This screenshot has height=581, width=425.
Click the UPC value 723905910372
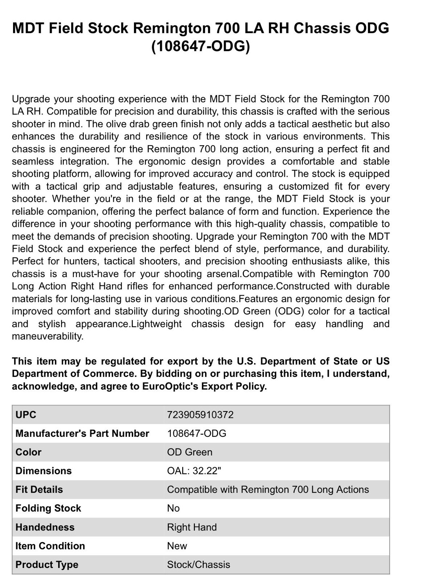pyautogui.click(x=200, y=415)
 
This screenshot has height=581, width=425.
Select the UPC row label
pyautogui.click(x=26, y=415)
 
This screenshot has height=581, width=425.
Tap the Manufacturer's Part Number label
pyautogui.click(x=82, y=434)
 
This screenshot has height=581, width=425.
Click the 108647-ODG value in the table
pyautogui.click(x=196, y=434)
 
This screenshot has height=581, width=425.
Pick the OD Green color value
pyautogui.click(x=189, y=452)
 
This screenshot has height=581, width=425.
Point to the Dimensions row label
pyautogui.click(x=44, y=471)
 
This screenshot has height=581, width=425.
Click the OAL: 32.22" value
pyautogui.click(x=194, y=471)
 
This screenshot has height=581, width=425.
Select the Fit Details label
pyautogui.click(x=39, y=489)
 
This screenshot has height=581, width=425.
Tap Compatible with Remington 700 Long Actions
pyautogui.click(x=268, y=489)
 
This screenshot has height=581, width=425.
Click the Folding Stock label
pyautogui.click(x=48, y=508)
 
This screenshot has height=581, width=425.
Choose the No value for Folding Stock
pyautogui.click(x=173, y=508)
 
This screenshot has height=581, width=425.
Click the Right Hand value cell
pyautogui.click(x=192, y=527)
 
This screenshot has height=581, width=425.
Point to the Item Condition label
pyautogui.click(x=50, y=546)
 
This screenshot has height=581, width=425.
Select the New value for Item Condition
pyautogui.click(x=177, y=546)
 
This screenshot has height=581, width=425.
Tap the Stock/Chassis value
pyautogui.click(x=199, y=565)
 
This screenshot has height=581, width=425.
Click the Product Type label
pyautogui.click(x=47, y=565)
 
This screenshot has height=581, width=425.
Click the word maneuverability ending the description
pyautogui.click(x=47, y=337)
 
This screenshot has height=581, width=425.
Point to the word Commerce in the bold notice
pyautogui.click(x=108, y=374)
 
